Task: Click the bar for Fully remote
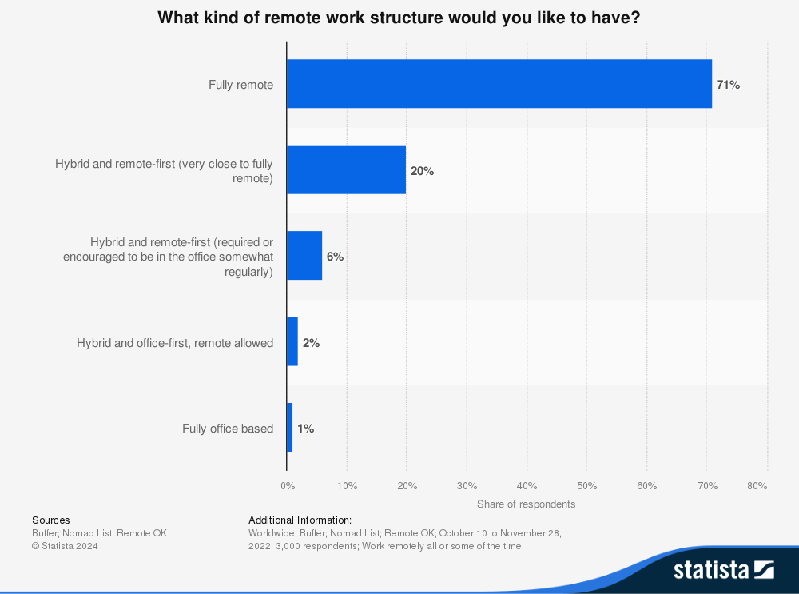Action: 499,84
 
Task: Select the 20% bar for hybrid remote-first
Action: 346,169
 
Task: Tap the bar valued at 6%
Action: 304,256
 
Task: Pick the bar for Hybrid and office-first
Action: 292,342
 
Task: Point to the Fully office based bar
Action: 289,428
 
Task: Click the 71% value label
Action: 728,85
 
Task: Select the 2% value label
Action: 311,343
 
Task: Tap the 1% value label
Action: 305,429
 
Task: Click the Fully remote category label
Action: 240,85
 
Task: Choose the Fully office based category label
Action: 228,429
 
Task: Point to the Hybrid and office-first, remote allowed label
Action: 175,343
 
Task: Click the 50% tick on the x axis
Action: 586,485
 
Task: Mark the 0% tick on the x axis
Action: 288,485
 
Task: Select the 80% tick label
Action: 757,485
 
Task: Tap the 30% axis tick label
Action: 467,485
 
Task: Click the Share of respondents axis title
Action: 526,504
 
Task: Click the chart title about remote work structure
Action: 399,18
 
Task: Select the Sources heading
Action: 50,520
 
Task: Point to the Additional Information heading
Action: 300,520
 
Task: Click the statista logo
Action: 723,570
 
